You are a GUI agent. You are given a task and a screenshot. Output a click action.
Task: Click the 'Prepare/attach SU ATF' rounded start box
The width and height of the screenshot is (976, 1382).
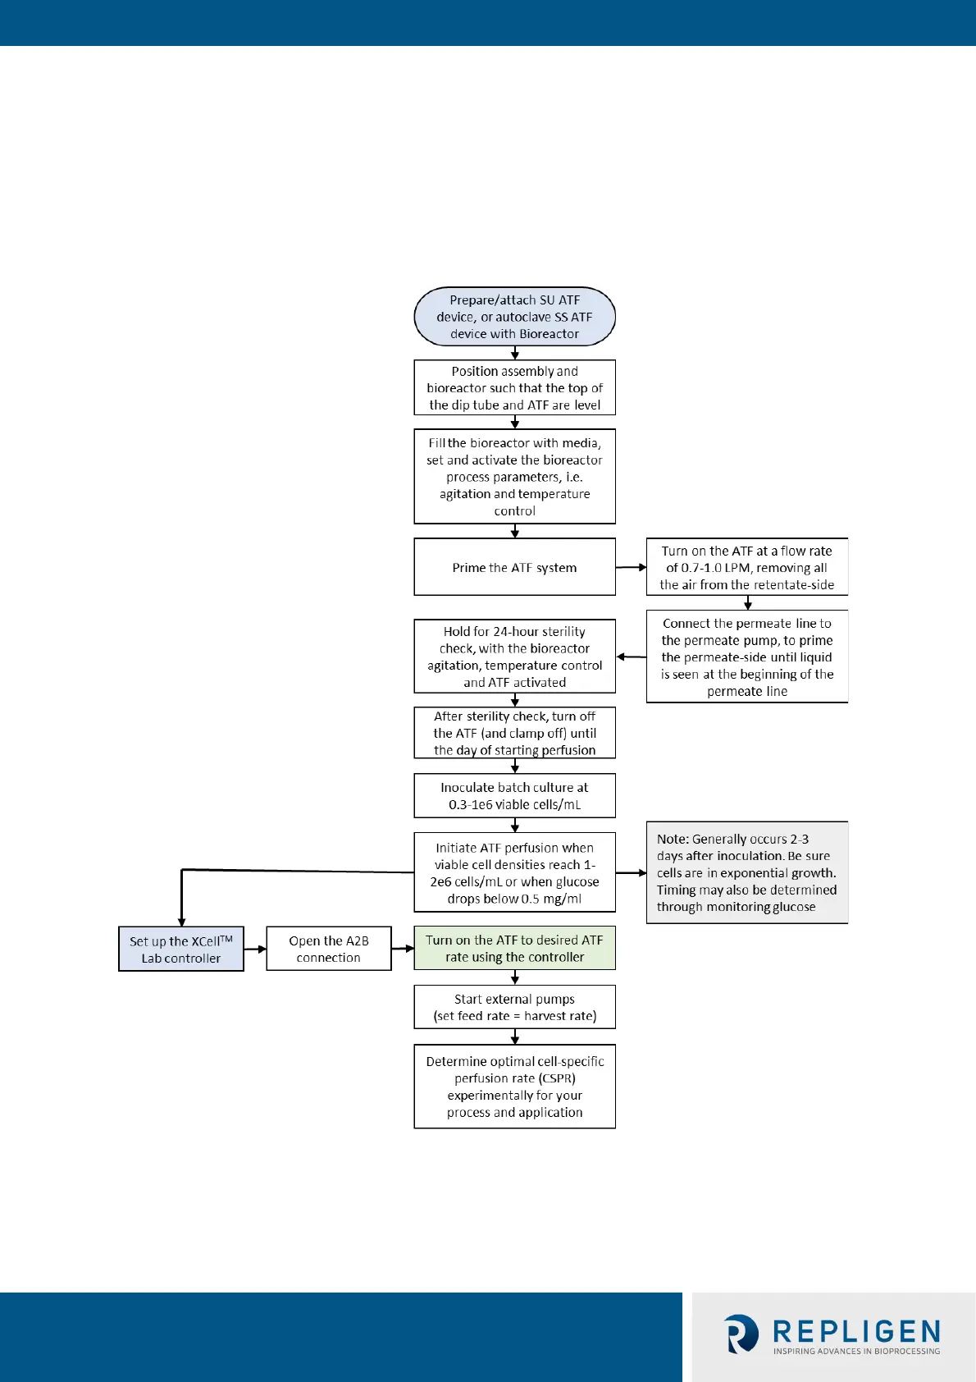(x=514, y=317)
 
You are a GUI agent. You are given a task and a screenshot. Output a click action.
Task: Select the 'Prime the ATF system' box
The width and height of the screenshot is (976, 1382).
(x=514, y=567)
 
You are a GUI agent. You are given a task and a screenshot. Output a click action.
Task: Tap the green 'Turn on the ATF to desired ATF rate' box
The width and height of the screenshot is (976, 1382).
(x=514, y=949)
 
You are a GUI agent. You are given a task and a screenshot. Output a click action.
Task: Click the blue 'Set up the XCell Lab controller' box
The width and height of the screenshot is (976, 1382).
(x=181, y=950)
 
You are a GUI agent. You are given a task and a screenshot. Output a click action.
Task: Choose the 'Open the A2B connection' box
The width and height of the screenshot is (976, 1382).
(x=329, y=949)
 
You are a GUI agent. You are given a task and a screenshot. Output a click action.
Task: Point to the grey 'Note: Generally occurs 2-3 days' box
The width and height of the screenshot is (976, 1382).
(x=746, y=872)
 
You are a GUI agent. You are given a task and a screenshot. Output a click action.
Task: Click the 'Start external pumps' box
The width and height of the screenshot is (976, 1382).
(x=514, y=1007)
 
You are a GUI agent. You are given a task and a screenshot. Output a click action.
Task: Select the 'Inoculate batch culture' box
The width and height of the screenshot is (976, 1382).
(x=514, y=796)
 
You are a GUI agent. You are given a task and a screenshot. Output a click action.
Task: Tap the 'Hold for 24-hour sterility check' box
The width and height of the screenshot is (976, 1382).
(x=514, y=657)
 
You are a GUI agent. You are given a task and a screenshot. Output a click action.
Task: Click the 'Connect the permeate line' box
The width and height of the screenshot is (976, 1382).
(x=746, y=657)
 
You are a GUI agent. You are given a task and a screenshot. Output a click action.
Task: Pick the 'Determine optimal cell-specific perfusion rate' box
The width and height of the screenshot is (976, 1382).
(x=514, y=1087)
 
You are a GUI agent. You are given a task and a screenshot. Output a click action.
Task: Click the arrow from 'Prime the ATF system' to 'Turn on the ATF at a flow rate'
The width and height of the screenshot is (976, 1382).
(x=631, y=567)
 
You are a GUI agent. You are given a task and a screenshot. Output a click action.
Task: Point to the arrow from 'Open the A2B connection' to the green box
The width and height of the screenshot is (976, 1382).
(x=403, y=949)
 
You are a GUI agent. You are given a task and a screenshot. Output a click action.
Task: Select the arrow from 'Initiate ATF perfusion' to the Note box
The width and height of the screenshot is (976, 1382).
(x=631, y=873)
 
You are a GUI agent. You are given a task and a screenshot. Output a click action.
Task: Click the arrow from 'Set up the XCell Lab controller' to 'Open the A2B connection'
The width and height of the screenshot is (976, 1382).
(x=255, y=950)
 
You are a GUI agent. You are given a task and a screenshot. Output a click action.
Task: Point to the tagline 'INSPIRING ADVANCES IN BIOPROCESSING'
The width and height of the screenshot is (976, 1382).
(x=856, y=1351)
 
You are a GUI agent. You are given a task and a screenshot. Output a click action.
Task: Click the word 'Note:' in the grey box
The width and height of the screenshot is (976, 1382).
(x=673, y=839)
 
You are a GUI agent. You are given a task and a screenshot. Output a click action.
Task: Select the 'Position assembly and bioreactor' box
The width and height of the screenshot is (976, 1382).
(x=514, y=388)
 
